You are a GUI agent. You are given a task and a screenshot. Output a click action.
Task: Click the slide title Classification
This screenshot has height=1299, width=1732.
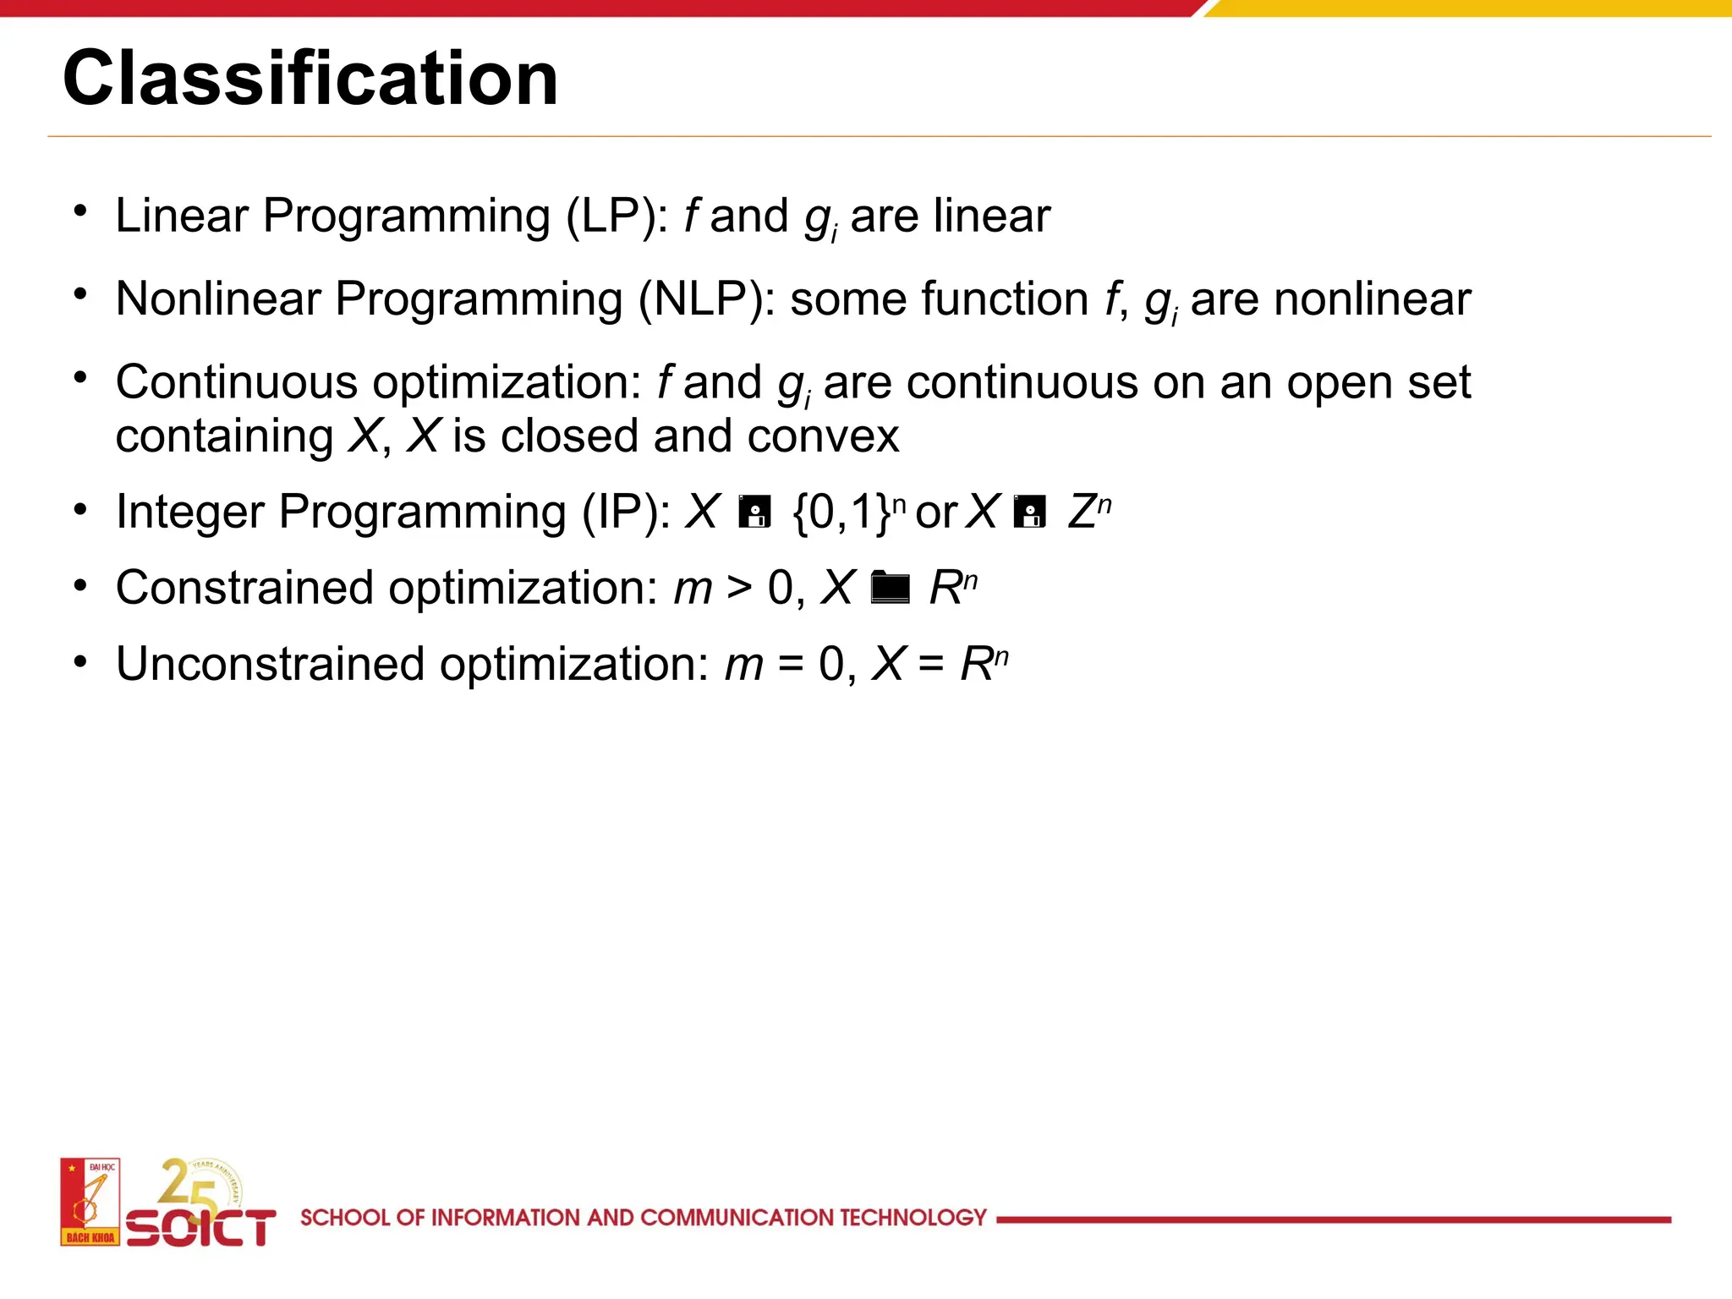[310, 78]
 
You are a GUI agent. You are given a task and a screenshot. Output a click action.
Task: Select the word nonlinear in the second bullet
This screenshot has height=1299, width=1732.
[1372, 299]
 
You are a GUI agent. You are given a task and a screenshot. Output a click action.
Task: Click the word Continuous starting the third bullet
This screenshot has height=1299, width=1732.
[236, 382]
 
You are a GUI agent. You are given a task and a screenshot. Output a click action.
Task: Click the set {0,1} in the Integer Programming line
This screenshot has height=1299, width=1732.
[841, 512]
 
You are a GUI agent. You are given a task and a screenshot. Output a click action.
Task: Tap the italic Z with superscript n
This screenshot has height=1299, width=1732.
[1087, 512]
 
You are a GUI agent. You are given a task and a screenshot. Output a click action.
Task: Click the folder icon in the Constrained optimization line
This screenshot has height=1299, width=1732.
[890, 587]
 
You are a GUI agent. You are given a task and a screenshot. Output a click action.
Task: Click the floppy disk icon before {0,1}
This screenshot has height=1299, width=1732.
[754, 512]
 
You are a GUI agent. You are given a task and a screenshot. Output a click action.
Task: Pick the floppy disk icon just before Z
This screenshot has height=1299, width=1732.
[1029, 512]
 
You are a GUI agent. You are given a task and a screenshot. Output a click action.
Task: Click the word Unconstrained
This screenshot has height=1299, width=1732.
[270, 664]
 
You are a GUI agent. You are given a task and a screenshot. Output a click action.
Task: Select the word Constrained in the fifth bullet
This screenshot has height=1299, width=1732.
[244, 588]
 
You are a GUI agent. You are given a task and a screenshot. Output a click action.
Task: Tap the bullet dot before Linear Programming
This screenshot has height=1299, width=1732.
[80, 211]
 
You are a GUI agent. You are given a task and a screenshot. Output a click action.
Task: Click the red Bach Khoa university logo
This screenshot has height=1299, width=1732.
[90, 1202]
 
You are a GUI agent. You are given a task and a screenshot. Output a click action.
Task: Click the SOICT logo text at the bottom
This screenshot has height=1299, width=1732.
[200, 1227]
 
